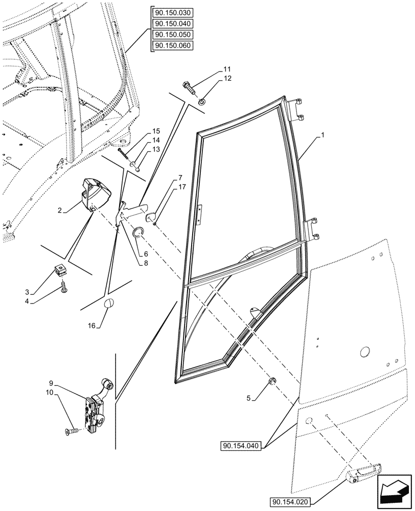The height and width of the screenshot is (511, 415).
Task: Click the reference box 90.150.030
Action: coord(173,13)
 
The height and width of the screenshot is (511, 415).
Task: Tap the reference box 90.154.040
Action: coord(242,446)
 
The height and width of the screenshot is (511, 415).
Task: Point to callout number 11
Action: coord(227,68)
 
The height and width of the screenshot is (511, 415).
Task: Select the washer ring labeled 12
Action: coord(202,101)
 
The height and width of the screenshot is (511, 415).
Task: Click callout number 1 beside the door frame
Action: coord(322,136)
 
